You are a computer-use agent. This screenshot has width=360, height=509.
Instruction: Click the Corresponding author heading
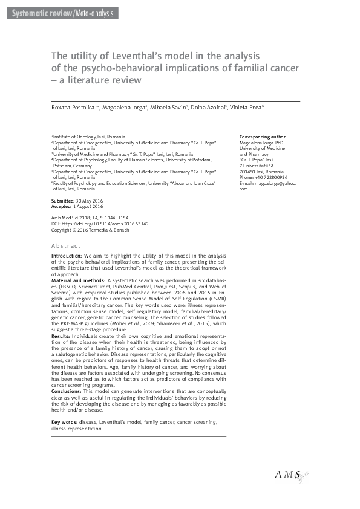click(263, 137)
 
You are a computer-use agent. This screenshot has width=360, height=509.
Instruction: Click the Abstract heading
click(66, 246)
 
